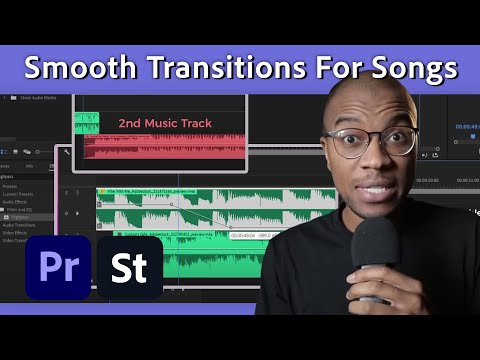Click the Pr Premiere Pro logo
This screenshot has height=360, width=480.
(57, 268)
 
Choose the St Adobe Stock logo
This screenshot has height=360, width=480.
(129, 268)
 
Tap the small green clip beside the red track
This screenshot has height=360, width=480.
(87, 123)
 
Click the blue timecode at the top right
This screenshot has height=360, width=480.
(466, 128)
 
